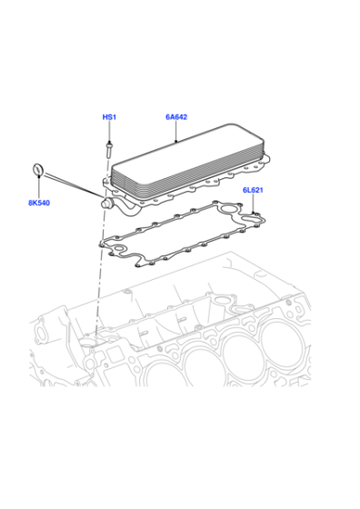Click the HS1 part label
click(x=109, y=117)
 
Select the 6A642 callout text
click(x=176, y=117)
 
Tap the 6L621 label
click(x=253, y=190)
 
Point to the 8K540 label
click(x=39, y=203)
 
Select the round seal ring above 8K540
click(x=38, y=170)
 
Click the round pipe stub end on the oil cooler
click(x=105, y=204)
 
